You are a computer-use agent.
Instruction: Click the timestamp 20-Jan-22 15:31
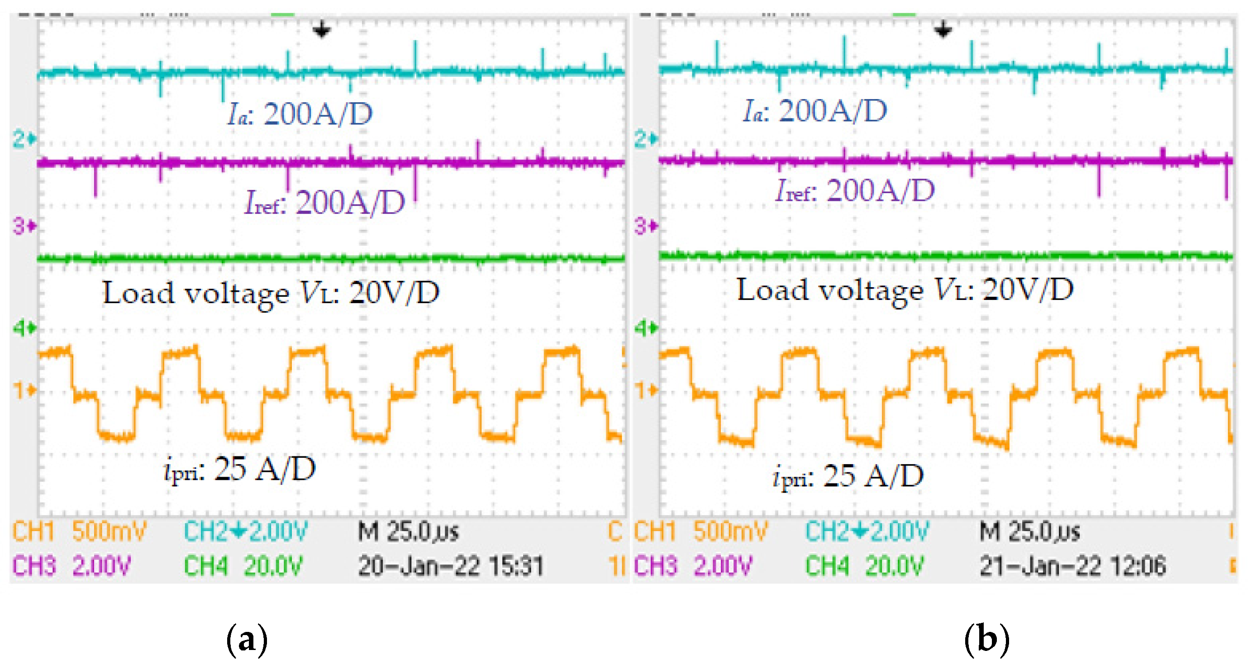pyautogui.click(x=451, y=566)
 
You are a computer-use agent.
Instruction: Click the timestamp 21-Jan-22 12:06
pyautogui.click(x=1072, y=566)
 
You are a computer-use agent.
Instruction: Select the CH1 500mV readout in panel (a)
pyautogui.click(x=79, y=531)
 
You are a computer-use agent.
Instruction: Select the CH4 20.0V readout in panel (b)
pyautogui.click(x=864, y=566)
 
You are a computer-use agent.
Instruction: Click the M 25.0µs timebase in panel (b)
pyautogui.click(x=1029, y=531)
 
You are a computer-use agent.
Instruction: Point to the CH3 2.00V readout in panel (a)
pyautogui.click(x=71, y=566)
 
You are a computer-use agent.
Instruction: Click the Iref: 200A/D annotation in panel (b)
pyautogui.click(x=855, y=190)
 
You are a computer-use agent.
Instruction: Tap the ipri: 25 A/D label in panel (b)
pyautogui.click(x=848, y=476)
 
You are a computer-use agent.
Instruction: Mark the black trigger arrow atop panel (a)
pyautogui.click(x=321, y=29)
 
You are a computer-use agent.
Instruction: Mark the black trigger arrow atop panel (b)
pyautogui.click(x=943, y=29)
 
